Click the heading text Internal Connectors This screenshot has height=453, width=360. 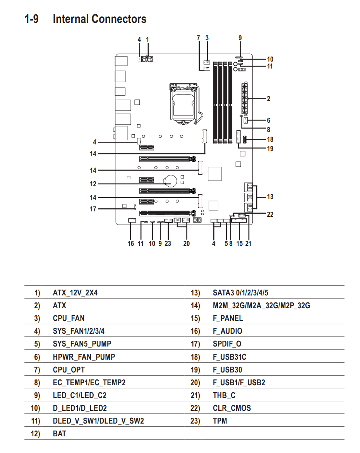(x=99, y=19)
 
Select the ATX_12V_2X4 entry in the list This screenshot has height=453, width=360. (x=75, y=293)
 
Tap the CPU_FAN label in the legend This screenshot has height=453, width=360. (x=69, y=318)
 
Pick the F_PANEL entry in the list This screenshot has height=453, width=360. (x=228, y=318)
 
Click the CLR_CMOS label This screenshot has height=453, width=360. (x=231, y=408)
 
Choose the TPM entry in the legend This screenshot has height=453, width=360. (x=220, y=421)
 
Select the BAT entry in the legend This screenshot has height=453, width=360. (x=59, y=434)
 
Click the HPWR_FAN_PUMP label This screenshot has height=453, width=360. (x=84, y=357)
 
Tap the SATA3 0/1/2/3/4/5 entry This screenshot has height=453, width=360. (x=240, y=293)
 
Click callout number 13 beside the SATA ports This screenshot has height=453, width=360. (x=270, y=197)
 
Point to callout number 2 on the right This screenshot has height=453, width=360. (x=268, y=99)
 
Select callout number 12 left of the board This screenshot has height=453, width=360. (x=93, y=184)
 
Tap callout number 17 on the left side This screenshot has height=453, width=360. (x=93, y=209)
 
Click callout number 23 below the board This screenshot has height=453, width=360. (x=168, y=244)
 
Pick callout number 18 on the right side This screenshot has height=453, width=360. (x=270, y=139)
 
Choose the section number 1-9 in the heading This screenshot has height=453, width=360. (x=31, y=19)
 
